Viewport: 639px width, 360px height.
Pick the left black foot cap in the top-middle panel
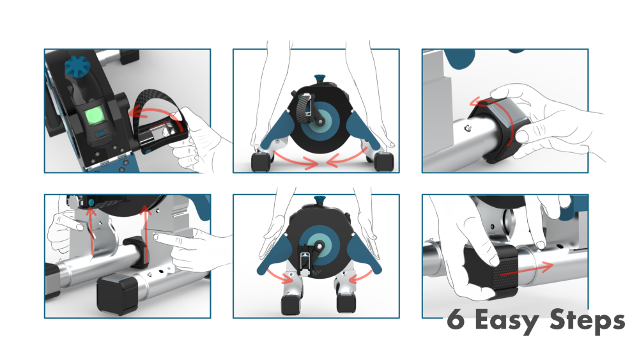coord(261,161)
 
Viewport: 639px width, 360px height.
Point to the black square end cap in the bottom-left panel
coord(113,293)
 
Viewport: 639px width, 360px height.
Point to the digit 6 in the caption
coord(455,320)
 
